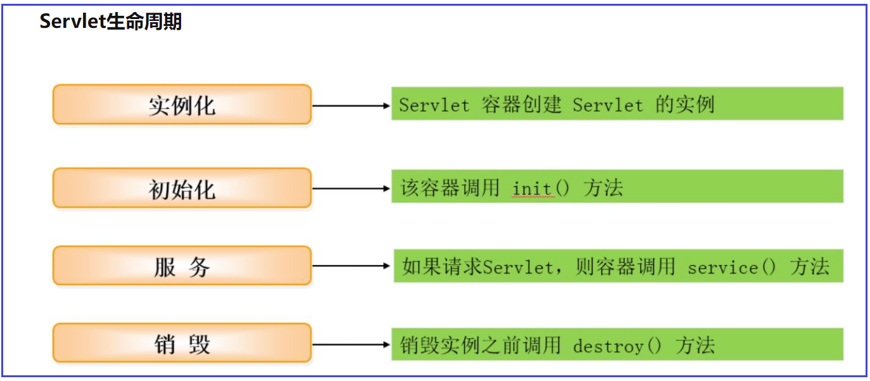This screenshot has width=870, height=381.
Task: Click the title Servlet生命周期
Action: [x=111, y=22]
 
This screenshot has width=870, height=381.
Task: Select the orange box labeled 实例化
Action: [x=182, y=105]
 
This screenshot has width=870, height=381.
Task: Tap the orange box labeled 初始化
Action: [x=182, y=188]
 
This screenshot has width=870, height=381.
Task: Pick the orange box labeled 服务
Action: [x=182, y=266]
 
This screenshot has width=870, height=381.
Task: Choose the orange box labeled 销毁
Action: [x=182, y=343]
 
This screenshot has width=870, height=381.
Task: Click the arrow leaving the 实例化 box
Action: [x=351, y=105]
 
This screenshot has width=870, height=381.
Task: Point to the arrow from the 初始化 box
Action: [x=351, y=188]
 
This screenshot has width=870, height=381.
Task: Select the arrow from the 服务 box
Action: [x=351, y=266]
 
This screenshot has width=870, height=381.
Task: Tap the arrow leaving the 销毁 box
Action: [x=351, y=344]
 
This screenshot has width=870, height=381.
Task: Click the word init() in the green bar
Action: [x=541, y=188]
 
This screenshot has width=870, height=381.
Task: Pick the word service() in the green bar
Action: [x=732, y=268]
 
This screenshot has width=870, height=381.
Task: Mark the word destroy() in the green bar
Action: [x=617, y=345]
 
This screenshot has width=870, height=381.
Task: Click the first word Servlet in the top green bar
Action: [x=434, y=105]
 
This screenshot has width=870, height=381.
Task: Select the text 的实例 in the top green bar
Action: [x=684, y=104]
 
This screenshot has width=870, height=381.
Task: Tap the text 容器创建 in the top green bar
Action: [x=522, y=104]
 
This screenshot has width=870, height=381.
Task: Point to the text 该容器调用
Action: [x=450, y=188]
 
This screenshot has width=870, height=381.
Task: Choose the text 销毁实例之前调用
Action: [x=481, y=345]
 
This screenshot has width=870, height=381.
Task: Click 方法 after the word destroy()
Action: [x=695, y=345]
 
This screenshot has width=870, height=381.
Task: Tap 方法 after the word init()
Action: [x=603, y=188]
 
